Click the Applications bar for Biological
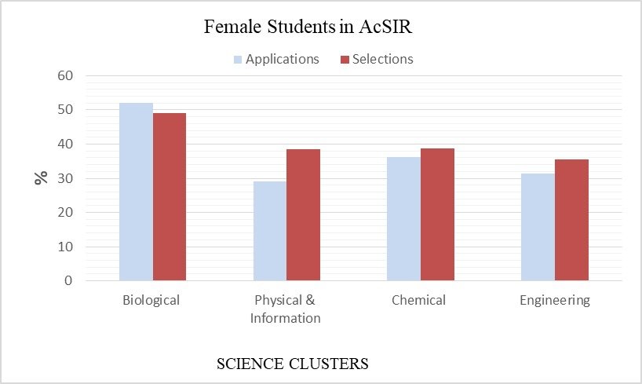coord(136,192)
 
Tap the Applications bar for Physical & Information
coord(270,231)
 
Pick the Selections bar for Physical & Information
coord(304,214)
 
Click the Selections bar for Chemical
coord(437,214)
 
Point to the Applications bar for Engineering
coord(538,227)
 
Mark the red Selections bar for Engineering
coord(571,220)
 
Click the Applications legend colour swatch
coord(238,60)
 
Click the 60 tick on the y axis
coord(64,76)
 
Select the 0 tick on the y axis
coord(68,280)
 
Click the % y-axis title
coord(41,177)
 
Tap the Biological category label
coord(151,300)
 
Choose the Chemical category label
coord(420,300)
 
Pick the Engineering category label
coord(554,301)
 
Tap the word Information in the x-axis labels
coord(286,318)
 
